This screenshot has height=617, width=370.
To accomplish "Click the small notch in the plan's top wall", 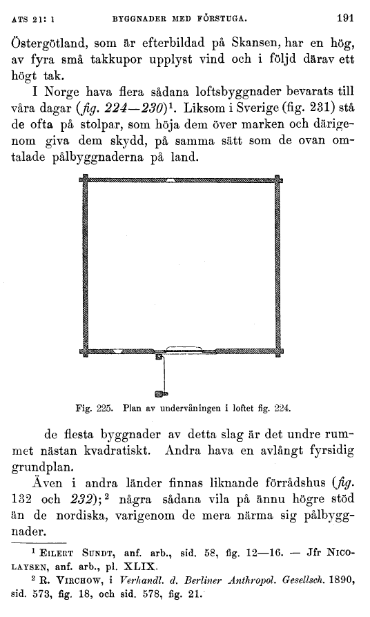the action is (171, 181).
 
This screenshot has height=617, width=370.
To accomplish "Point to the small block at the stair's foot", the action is (161, 394).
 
